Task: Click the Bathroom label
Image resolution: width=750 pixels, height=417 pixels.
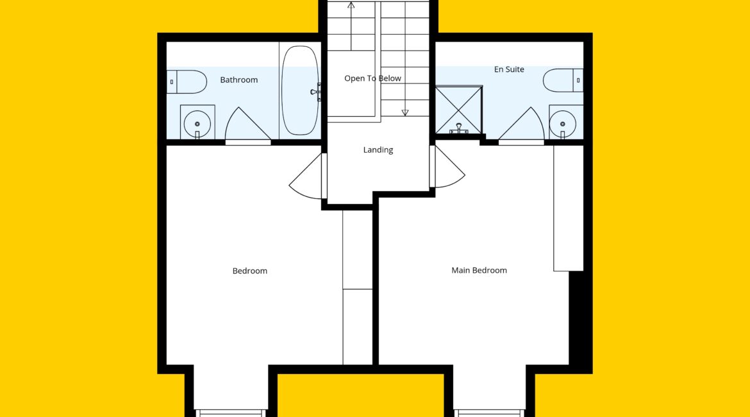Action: (238, 80)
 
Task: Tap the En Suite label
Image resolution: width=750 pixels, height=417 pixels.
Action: (509, 69)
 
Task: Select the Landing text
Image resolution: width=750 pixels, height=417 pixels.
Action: (378, 150)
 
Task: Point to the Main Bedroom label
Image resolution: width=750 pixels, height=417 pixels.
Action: (479, 271)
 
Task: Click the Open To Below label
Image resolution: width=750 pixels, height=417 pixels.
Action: (372, 78)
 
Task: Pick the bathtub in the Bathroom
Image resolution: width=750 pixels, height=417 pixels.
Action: (300, 90)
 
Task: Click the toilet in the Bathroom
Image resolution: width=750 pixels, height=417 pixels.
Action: (187, 82)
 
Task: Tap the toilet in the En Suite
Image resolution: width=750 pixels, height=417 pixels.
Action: (563, 80)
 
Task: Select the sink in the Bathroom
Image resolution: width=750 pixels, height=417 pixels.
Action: (197, 122)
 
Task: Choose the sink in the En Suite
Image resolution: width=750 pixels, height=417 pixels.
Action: (566, 122)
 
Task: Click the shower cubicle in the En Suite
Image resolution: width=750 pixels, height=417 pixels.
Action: (458, 110)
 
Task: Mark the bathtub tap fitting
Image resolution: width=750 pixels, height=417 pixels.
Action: (315, 92)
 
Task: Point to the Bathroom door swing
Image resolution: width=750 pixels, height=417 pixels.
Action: (247, 126)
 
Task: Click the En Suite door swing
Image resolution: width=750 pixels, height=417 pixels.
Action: (522, 126)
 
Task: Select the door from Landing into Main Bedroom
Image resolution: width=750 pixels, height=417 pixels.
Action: (447, 167)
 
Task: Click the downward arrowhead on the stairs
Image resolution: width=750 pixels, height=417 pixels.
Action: (405, 113)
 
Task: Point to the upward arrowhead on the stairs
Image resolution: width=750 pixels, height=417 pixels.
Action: (351, 5)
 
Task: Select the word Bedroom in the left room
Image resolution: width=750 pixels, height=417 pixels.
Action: (250, 271)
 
